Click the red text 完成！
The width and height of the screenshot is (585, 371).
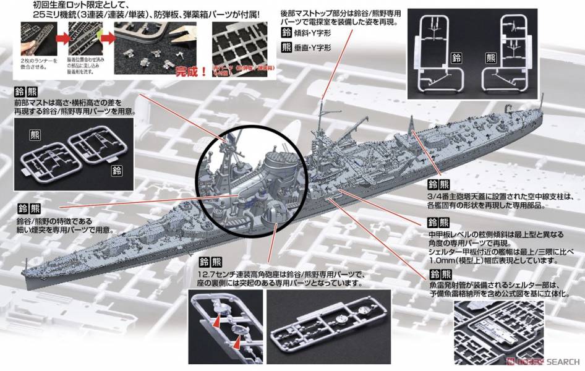(186, 70)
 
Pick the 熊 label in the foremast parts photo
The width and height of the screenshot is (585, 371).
(35, 134)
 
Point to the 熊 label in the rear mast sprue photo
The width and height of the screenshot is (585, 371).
(491, 59)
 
